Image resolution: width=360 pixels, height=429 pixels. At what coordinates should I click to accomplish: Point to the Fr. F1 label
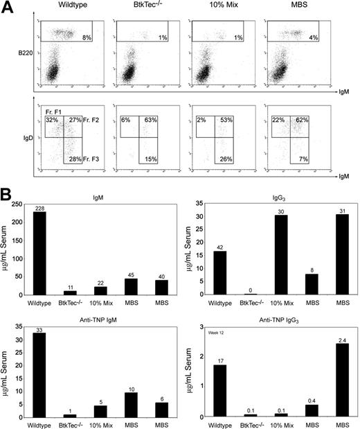point(54,112)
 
